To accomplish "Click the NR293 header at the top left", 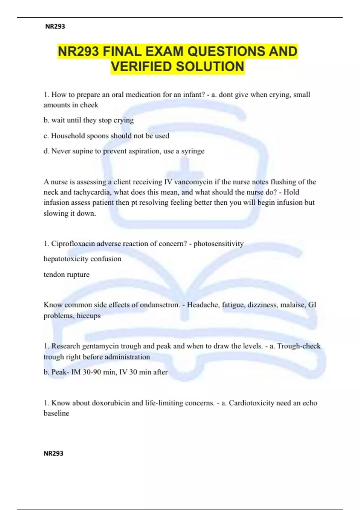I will coord(55,26).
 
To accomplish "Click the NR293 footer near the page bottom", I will coord(53,453).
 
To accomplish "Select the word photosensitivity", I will coord(218,244).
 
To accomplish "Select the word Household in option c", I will coord(68,136).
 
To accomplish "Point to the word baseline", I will coord(56,413).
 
